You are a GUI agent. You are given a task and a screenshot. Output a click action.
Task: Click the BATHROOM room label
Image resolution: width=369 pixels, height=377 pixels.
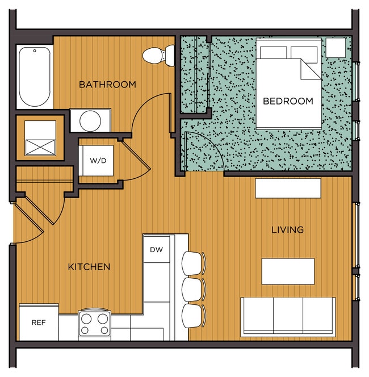[107, 85]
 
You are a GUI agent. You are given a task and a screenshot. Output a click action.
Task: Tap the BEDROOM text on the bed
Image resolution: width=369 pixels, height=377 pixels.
[288, 101]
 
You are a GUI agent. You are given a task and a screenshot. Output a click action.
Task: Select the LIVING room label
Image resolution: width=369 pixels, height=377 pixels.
[288, 230]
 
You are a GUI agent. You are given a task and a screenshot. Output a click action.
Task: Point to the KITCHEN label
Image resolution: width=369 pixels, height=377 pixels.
[89, 267]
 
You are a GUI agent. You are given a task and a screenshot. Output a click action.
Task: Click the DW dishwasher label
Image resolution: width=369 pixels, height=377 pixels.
[156, 250]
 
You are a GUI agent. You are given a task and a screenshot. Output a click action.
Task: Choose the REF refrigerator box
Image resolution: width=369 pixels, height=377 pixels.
[39, 322]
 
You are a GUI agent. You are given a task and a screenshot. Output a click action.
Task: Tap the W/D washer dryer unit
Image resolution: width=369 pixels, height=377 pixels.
[96, 160]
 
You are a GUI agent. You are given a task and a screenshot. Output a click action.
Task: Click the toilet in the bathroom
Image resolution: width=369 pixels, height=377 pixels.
[158, 56]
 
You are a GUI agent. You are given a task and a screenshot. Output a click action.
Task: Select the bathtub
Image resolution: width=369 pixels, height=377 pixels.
[35, 77]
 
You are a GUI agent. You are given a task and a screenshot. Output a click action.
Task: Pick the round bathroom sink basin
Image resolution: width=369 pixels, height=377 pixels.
[90, 121]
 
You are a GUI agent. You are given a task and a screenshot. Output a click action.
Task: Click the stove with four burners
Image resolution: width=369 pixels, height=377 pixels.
[94, 324]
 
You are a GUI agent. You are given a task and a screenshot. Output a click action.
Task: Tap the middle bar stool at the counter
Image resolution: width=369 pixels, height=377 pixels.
[194, 289]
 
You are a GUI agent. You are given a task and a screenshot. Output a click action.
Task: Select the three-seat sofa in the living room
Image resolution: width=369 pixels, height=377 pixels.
[288, 316]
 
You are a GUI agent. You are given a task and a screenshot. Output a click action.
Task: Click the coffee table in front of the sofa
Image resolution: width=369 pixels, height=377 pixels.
[288, 271]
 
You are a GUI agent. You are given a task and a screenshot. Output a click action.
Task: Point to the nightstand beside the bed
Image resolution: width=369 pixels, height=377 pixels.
[336, 48]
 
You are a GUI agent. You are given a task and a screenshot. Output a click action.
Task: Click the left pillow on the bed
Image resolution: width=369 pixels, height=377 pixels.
[273, 53]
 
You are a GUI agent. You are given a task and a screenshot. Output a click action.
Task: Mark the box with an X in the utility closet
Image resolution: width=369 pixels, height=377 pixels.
[40, 148]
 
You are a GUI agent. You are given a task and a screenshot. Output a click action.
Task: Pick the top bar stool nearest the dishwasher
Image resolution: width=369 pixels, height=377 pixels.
[194, 263]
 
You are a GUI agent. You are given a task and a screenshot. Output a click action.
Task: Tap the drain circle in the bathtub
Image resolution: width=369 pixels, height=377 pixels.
[35, 51]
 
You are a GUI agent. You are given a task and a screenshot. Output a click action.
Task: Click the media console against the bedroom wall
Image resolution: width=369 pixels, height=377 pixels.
[288, 188]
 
